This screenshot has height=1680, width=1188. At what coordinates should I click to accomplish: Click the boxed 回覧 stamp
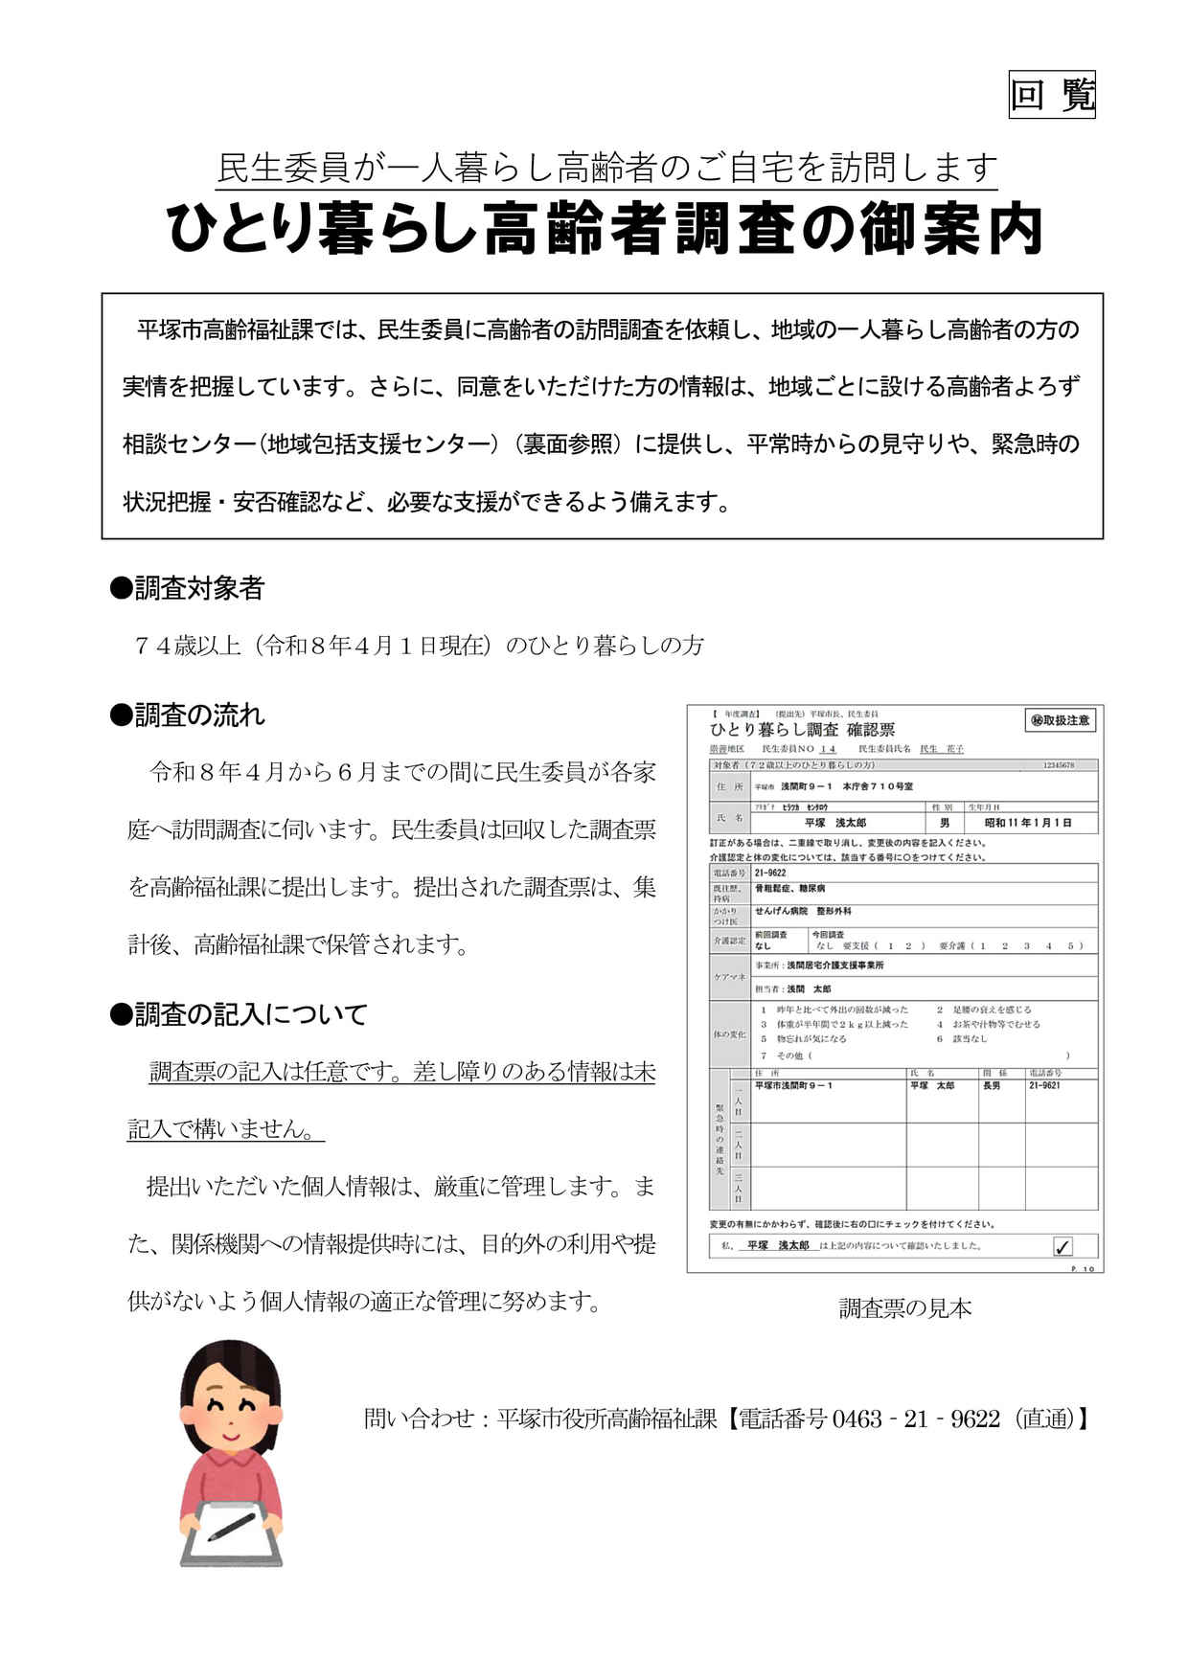click(x=1051, y=95)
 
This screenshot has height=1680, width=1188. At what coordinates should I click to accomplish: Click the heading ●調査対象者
click(x=188, y=588)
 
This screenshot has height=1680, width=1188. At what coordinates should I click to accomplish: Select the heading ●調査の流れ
click(x=188, y=715)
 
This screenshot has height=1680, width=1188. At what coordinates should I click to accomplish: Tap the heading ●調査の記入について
click(x=240, y=1014)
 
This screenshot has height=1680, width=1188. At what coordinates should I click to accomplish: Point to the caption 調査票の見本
click(x=904, y=1307)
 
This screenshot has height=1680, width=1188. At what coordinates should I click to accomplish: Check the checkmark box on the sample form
click(x=1062, y=1246)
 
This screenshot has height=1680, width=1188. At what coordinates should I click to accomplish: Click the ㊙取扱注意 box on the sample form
click(x=1060, y=720)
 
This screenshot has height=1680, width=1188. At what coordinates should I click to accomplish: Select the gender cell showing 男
click(x=945, y=822)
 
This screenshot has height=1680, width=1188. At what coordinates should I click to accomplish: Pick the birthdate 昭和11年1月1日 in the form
click(x=1029, y=822)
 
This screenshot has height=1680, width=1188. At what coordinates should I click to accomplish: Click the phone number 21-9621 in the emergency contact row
click(x=1045, y=1085)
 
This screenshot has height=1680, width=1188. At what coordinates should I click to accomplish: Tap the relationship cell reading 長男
click(x=991, y=1085)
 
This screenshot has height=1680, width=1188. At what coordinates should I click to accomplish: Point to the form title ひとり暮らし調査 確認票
click(x=803, y=730)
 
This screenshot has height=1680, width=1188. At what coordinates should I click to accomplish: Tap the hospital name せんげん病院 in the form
click(x=781, y=911)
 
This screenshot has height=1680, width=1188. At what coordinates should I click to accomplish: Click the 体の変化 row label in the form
click(x=729, y=1034)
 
